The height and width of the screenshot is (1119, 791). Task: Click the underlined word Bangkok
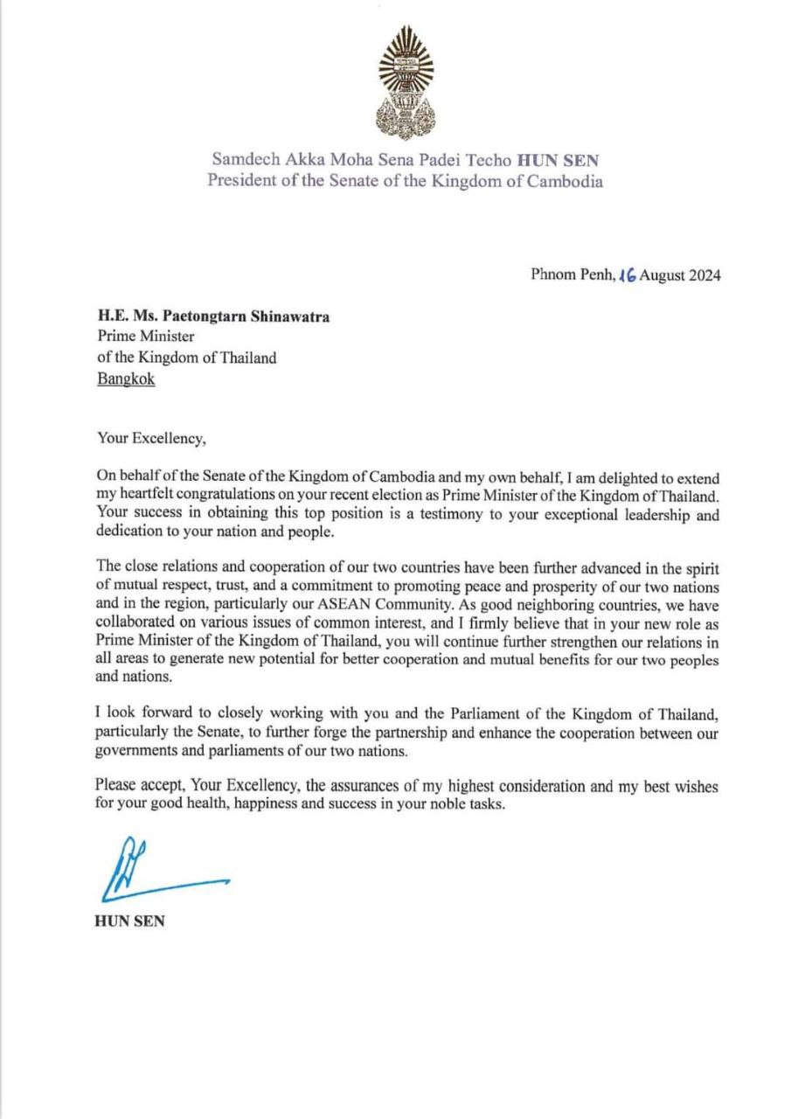coord(125,381)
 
